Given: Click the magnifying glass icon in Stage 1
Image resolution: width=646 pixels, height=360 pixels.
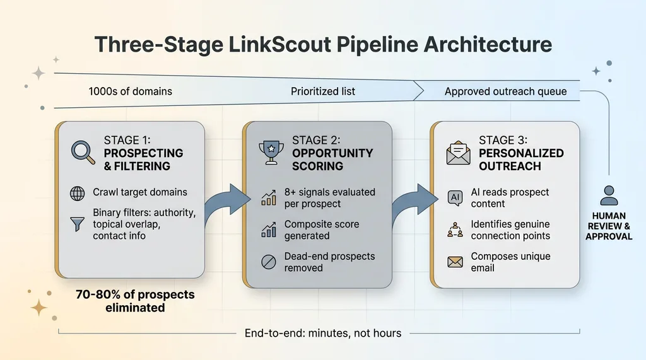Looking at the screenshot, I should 82,152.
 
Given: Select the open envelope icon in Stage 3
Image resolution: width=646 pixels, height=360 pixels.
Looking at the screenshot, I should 459,152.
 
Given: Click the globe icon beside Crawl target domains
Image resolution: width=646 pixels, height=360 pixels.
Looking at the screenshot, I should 78,193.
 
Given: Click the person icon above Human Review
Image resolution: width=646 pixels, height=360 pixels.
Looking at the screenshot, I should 609,195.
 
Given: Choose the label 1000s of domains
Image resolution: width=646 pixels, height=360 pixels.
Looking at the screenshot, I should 131,91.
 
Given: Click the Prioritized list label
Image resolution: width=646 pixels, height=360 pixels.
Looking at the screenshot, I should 323,91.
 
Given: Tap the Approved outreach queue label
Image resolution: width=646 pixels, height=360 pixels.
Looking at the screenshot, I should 505,91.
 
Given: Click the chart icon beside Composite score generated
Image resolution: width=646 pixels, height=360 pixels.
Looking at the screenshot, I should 267,230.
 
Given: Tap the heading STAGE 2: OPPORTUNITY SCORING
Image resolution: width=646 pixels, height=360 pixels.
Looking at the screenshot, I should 332,153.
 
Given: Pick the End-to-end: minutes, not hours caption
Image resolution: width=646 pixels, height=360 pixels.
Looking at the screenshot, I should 322,332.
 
